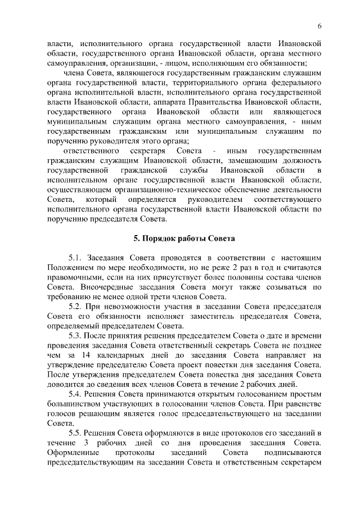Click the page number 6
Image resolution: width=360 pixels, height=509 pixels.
(319, 26)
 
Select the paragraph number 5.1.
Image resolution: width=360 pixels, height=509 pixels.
(75, 256)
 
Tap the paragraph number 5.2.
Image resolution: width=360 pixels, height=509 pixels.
(75, 306)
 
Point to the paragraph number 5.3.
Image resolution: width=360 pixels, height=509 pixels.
(75, 336)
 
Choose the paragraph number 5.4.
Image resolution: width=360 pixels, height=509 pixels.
(75, 394)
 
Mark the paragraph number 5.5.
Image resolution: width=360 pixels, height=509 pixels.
(75, 434)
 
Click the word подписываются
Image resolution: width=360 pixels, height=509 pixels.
(292, 453)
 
